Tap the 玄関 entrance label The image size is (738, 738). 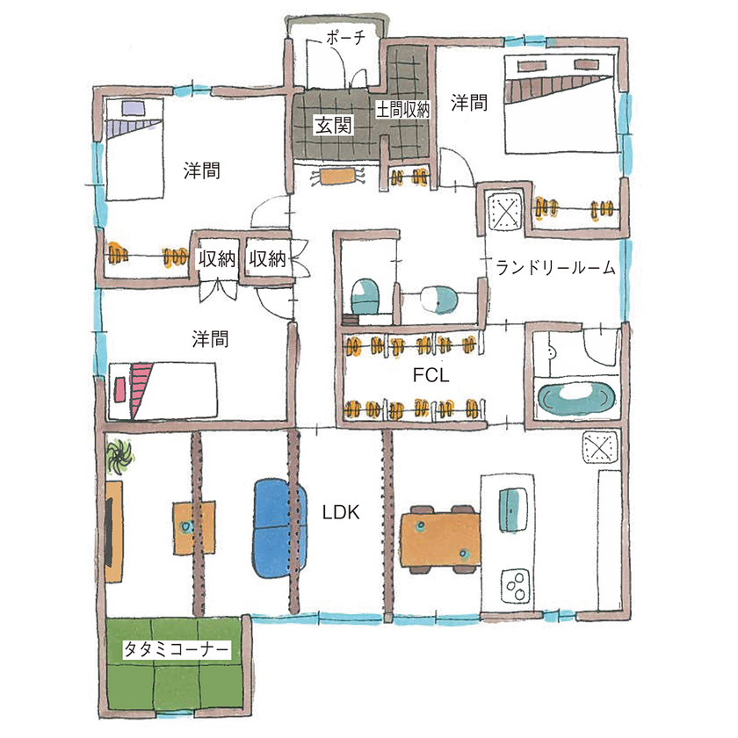tap(333, 126)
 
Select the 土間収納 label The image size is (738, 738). tap(404, 110)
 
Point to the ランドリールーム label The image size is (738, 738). tap(554, 268)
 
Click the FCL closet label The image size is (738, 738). tap(430, 376)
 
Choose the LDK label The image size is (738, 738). tap(341, 511)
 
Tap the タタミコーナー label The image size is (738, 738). tap(176, 651)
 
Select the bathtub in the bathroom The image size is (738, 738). tap(576, 400)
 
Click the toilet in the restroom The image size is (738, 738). tap(364, 294)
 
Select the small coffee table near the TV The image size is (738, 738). tap(186, 526)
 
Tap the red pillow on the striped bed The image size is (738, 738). tap(119, 386)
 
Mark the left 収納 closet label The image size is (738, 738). tap(216, 258)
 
